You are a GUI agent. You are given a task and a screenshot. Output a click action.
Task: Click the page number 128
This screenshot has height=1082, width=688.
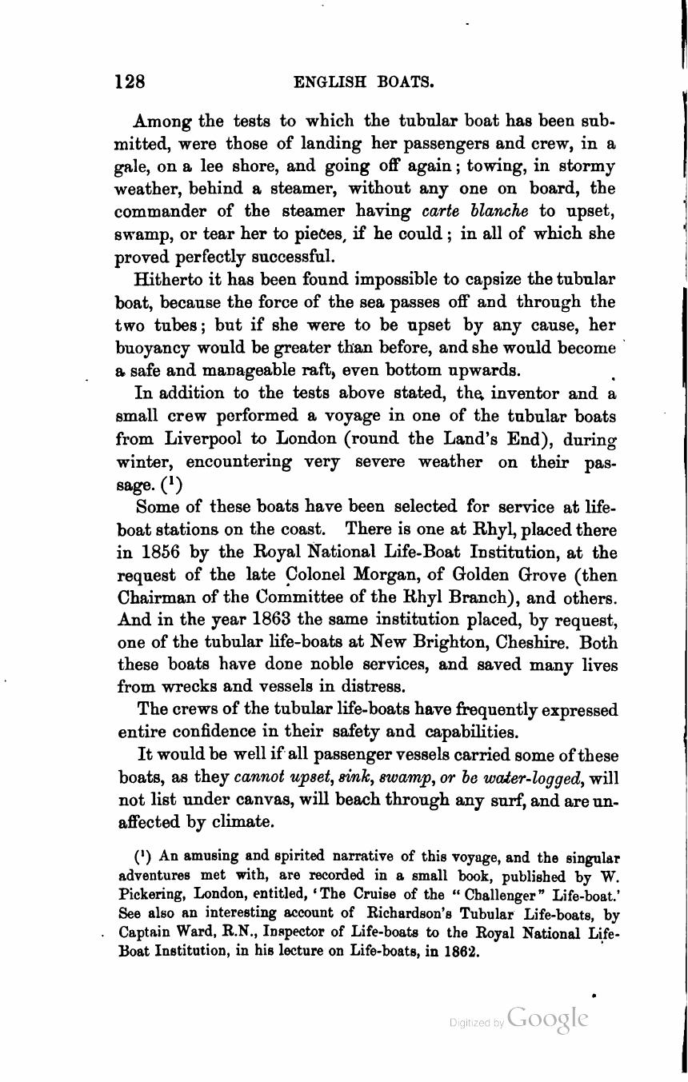[x=130, y=82]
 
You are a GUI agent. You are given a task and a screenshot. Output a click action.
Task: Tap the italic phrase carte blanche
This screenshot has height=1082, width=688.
[x=474, y=212]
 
